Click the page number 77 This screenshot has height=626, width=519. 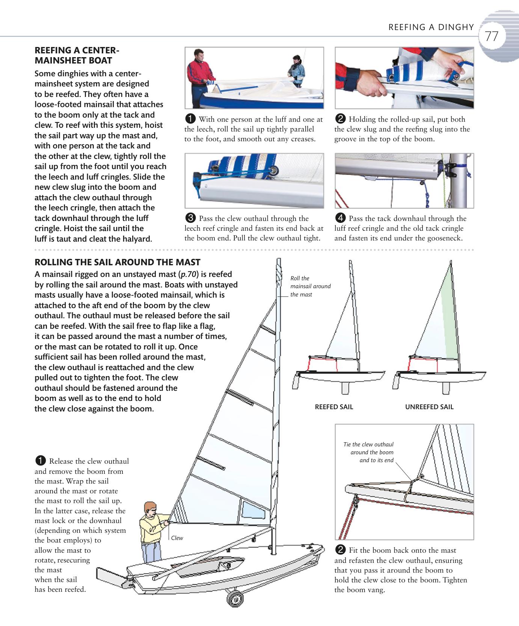tap(491, 37)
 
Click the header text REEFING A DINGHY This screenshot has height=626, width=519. tap(431, 27)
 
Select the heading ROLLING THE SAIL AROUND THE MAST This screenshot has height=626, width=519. tap(117, 262)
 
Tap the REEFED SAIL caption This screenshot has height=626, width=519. tap(334, 407)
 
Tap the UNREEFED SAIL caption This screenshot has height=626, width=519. tap(429, 407)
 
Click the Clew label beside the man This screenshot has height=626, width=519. tap(177, 538)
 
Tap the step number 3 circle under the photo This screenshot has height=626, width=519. tap(190, 218)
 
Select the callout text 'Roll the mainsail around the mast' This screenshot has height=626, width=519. tap(310, 286)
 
